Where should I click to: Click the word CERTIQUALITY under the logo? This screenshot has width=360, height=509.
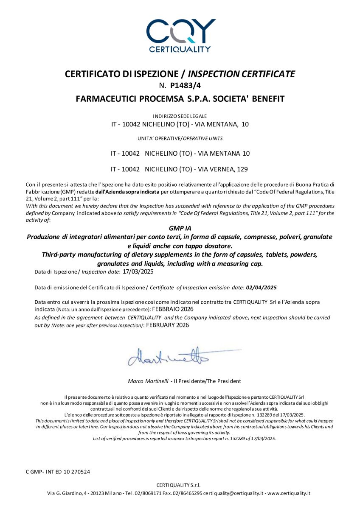point(180,49)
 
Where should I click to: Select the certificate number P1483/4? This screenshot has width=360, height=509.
point(186,85)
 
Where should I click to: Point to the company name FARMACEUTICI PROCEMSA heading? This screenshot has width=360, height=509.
point(180,99)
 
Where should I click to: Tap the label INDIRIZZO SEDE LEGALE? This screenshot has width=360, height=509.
point(180,116)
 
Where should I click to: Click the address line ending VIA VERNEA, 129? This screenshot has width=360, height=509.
point(180,169)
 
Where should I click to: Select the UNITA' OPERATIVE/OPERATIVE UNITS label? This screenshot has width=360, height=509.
point(180,139)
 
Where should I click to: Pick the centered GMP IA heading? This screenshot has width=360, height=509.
point(180,229)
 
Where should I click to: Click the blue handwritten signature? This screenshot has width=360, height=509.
point(170,356)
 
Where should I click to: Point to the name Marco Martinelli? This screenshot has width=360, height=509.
point(147,381)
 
